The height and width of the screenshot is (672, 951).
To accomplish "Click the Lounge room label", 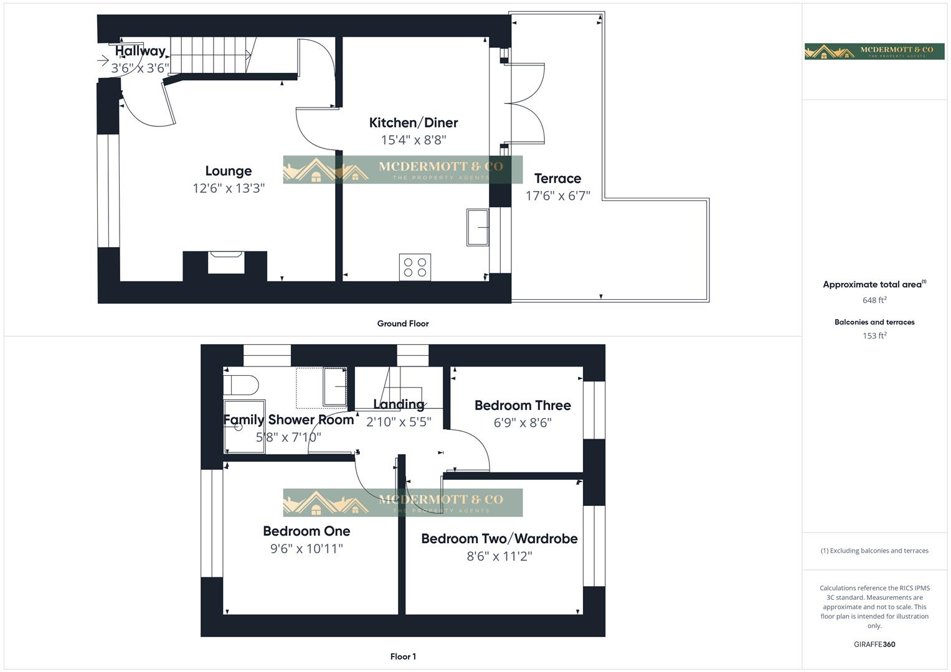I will click(x=229, y=171).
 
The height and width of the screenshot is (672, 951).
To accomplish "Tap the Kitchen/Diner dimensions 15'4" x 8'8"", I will click(x=414, y=140).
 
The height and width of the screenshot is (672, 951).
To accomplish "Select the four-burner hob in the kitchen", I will click(x=415, y=267).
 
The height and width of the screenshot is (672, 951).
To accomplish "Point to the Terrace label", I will click(x=557, y=179).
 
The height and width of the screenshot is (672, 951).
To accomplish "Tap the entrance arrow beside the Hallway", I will click(x=103, y=60).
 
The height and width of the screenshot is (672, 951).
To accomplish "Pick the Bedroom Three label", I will click(x=523, y=406).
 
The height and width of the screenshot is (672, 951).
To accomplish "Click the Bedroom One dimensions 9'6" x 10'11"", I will click(x=306, y=549).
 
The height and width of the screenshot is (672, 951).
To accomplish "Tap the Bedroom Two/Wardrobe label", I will click(x=499, y=539).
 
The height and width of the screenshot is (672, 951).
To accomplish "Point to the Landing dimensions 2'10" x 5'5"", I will click(x=399, y=422).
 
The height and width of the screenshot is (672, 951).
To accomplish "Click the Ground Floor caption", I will click(x=403, y=324).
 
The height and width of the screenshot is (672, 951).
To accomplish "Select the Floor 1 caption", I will click(x=403, y=656).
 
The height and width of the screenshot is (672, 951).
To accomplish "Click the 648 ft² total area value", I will click(x=874, y=300).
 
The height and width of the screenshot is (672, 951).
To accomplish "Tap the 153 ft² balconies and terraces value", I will click(x=874, y=336).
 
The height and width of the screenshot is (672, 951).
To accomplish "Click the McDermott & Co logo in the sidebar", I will click(x=874, y=51).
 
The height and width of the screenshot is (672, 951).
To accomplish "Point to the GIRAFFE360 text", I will click(x=874, y=645).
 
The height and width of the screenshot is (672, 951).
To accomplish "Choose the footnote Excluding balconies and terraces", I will click(x=874, y=551).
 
